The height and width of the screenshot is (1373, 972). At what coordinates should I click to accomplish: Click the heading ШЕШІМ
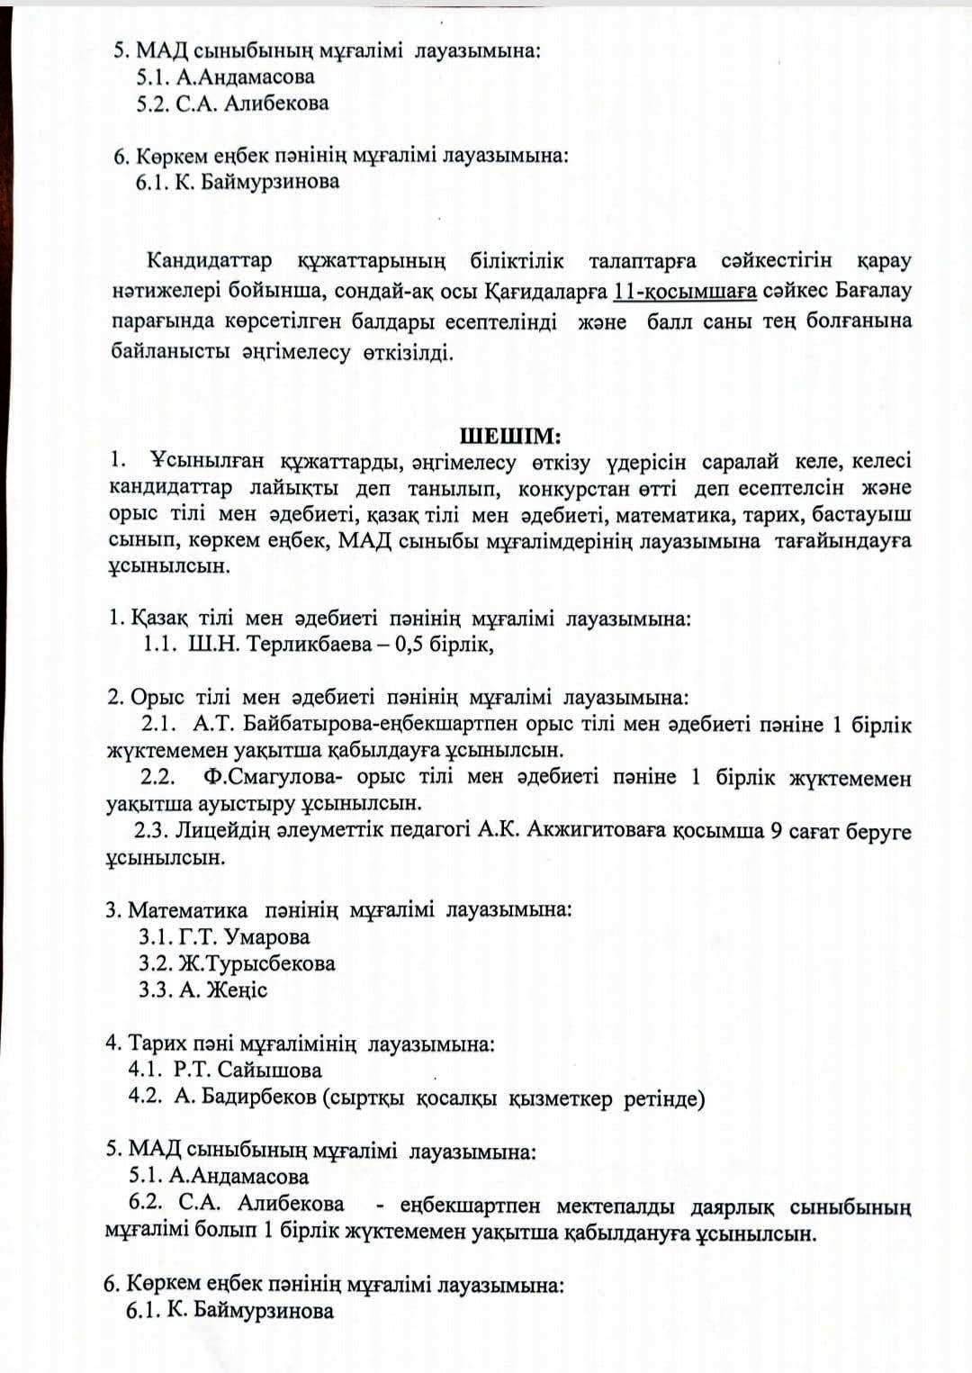pyautogui.click(x=510, y=437)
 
